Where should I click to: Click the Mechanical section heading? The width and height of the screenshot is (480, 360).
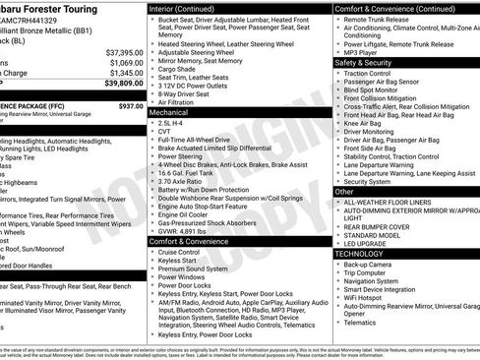[168, 113]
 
